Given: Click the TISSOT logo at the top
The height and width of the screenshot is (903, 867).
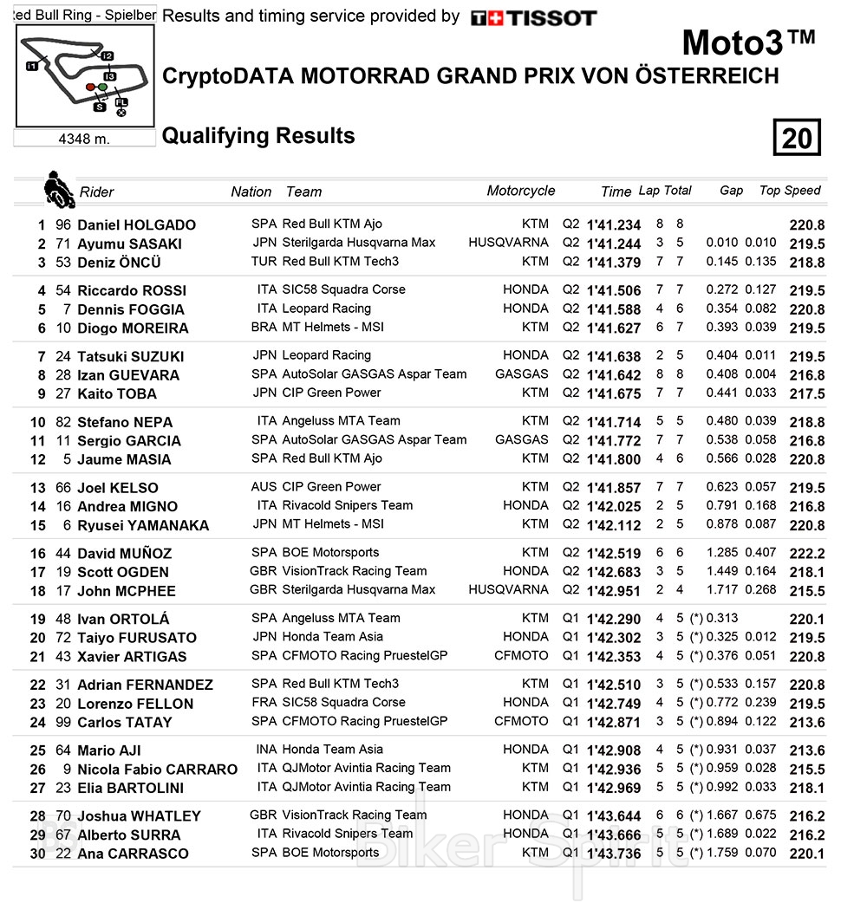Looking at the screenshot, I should (533, 17).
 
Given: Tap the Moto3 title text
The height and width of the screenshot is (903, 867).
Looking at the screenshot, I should (748, 42).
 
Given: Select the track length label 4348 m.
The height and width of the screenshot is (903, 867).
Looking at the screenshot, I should (84, 139).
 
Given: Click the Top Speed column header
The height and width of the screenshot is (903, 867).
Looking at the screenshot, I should (789, 191).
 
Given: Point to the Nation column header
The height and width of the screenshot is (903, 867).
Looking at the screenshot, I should (251, 192).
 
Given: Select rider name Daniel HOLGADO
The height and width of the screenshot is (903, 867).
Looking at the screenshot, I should (136, 224).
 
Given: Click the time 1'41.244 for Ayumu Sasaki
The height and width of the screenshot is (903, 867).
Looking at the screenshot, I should (614, 244).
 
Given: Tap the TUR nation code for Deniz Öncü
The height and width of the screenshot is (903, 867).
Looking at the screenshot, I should (264, 262).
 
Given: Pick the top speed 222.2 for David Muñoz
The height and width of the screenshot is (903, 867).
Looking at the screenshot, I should (806, 553).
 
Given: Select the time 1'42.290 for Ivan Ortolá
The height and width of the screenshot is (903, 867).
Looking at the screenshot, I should (614, 619).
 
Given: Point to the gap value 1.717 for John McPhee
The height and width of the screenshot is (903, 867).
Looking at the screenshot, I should (722, 590).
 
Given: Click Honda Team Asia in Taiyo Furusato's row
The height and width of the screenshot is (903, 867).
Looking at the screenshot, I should (332, 637).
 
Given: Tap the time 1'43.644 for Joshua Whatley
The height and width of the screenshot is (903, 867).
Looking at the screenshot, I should (614, 816).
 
